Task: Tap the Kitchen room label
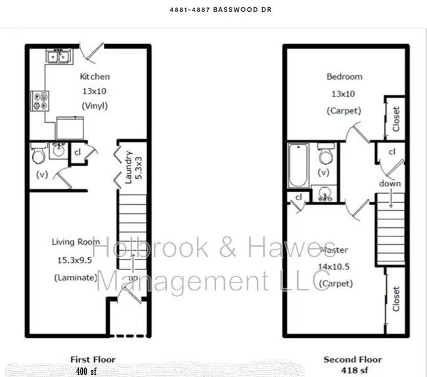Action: click(95, 77)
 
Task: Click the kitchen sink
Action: click(58, 56)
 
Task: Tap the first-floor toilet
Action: click(38, 155)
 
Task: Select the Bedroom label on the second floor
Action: click(344, 77)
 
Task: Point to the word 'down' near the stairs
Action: click(390, 184)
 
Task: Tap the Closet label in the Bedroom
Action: click(395, 119)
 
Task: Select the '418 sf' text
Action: click(353, 370)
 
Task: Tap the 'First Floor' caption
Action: click(93, 359)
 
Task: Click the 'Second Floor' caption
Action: click(352, 359)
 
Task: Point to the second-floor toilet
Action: click(325, 156)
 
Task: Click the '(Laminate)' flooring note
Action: click(74, 278)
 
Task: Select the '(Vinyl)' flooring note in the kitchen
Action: click(95, 105)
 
